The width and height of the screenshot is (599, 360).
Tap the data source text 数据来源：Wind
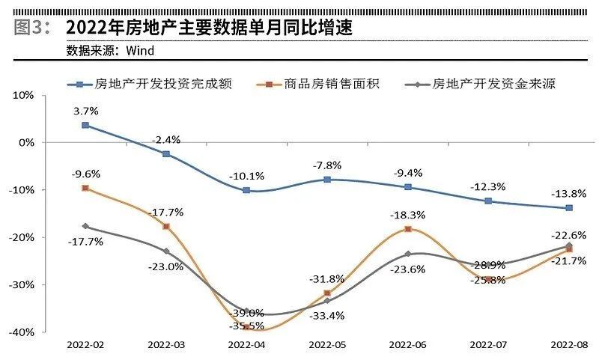point(110,51)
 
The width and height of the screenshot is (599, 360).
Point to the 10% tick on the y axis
point(24,95)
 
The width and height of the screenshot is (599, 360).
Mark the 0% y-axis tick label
point(27,142)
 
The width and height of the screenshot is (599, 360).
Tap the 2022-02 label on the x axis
point(85,345)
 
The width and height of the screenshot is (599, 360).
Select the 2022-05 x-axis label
point(326,345)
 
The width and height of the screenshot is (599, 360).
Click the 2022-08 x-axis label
point(568,345)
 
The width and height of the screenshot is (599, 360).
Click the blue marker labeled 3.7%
point(85,125)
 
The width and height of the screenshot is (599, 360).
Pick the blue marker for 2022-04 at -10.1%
point(246,190)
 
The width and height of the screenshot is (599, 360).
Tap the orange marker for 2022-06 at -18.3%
point(408,229)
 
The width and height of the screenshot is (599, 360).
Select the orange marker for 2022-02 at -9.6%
point(85,188)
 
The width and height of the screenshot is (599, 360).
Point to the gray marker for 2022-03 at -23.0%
point(166,251)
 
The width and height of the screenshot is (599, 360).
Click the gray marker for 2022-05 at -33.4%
point(327,300)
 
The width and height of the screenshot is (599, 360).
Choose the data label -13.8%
point(568,193)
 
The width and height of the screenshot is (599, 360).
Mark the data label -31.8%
point(327,279)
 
